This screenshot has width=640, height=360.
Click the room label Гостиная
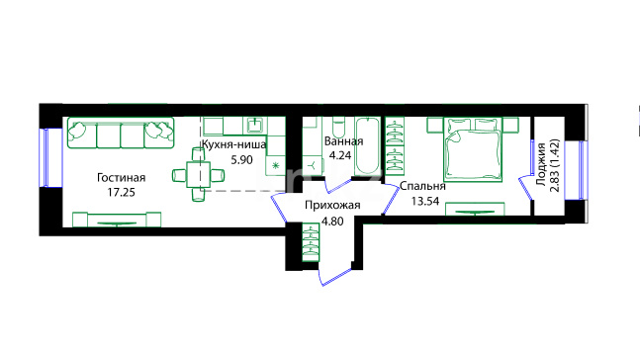pos(122,178)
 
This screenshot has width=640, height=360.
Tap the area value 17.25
pos(122,192)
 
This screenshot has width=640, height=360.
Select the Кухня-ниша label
pos(234,144)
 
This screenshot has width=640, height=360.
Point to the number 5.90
pos(241,159)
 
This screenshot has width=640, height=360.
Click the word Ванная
pos(343,141)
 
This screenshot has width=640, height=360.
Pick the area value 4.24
pos(340,156)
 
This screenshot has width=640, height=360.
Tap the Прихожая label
pos(332,206)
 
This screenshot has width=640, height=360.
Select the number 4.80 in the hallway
pos(332,222)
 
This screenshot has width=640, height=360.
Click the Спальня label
pos(422,186)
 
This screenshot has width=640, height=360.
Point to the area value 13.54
pos(425,201)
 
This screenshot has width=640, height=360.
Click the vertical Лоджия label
pos(541,164)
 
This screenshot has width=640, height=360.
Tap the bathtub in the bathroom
pos(367,146)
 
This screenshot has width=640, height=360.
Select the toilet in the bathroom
pos(338,128)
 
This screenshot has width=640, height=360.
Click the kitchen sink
pos(254,125)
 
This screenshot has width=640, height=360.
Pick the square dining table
pos(199,175)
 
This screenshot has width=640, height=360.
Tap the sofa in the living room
pos(121,134)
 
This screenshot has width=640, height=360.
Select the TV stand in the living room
pos(117,220)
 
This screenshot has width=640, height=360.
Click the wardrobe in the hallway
pos(311,242)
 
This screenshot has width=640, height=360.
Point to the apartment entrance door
pos(335,276)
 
